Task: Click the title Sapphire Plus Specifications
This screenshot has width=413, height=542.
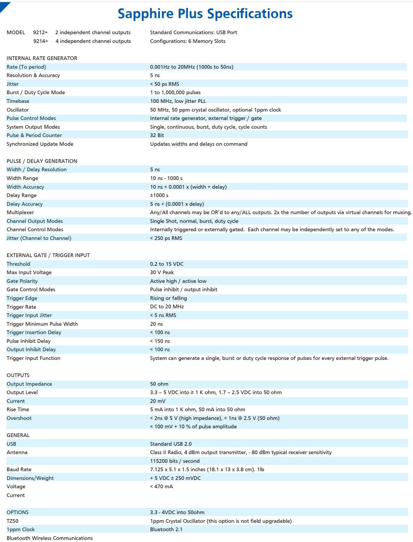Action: pyautogui.click(x=205, y=14)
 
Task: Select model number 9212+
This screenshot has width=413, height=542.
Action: pyautogui.click(x=40, y=32)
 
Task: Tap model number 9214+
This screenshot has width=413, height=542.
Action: pyautogui.click(x=41, y=41)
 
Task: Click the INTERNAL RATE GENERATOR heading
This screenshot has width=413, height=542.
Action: pyautogui.click(x=42, y=58)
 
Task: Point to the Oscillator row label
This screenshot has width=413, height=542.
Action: pyautogui.click(x=18, y=110)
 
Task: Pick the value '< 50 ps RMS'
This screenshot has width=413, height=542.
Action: pyautogui.click(x=165, y=84)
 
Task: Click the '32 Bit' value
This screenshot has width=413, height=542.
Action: pyautogui.click(x=157, y=135)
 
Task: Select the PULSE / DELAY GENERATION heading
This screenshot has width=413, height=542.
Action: pyautogui.click(x=42, y=161)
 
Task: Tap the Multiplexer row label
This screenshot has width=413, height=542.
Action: pyautogui.click(x=20, y=212)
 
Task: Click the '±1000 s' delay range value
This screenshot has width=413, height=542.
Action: pyautogui.click(x=159, y=195)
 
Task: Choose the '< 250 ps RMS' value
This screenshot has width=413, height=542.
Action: pyautogui.click(x=166, y=238)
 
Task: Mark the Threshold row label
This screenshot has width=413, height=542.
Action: pyautogui.click(x=18, y=264)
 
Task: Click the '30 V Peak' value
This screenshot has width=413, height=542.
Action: pyautogui.click(x=162, y=272)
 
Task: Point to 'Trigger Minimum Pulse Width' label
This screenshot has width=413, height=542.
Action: pyautogui.click(x=42, y=324)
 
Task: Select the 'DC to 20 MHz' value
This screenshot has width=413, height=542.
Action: pyautogui.click(x=167, y=307)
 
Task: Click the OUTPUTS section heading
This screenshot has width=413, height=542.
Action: pyautogui.click(x=18, y=375)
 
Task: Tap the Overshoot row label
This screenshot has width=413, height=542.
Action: pyautogui.click(x=19, y=418)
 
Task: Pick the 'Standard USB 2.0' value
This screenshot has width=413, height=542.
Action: pyautogui.click(x=171, y=444)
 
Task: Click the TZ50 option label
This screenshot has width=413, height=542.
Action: pyautogui.click(x=13, y=521)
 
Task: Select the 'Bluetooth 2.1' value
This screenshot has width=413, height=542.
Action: pyautogui.click(x=166, y=529)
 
